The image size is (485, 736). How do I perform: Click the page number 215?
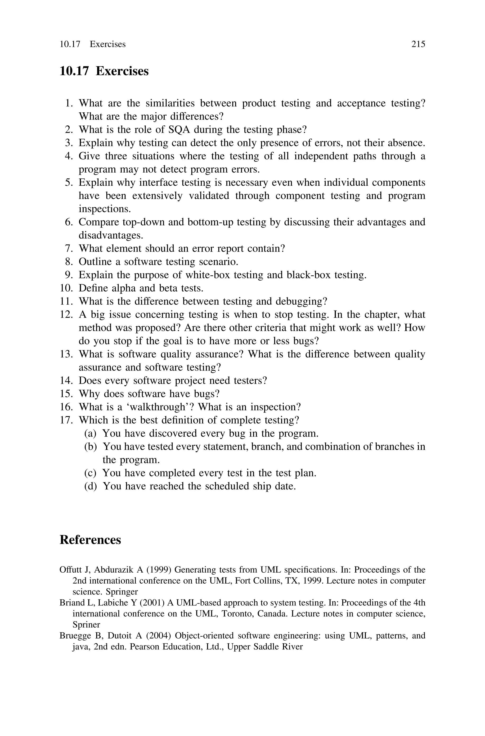(x=418, y=44)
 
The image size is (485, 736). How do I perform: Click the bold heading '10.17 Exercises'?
(x=104, y=71)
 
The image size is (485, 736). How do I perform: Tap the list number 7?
(x=69, y=248)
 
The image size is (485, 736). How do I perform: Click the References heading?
(x=90, y=540)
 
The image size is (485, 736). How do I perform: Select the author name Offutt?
(x=71, y=570)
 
